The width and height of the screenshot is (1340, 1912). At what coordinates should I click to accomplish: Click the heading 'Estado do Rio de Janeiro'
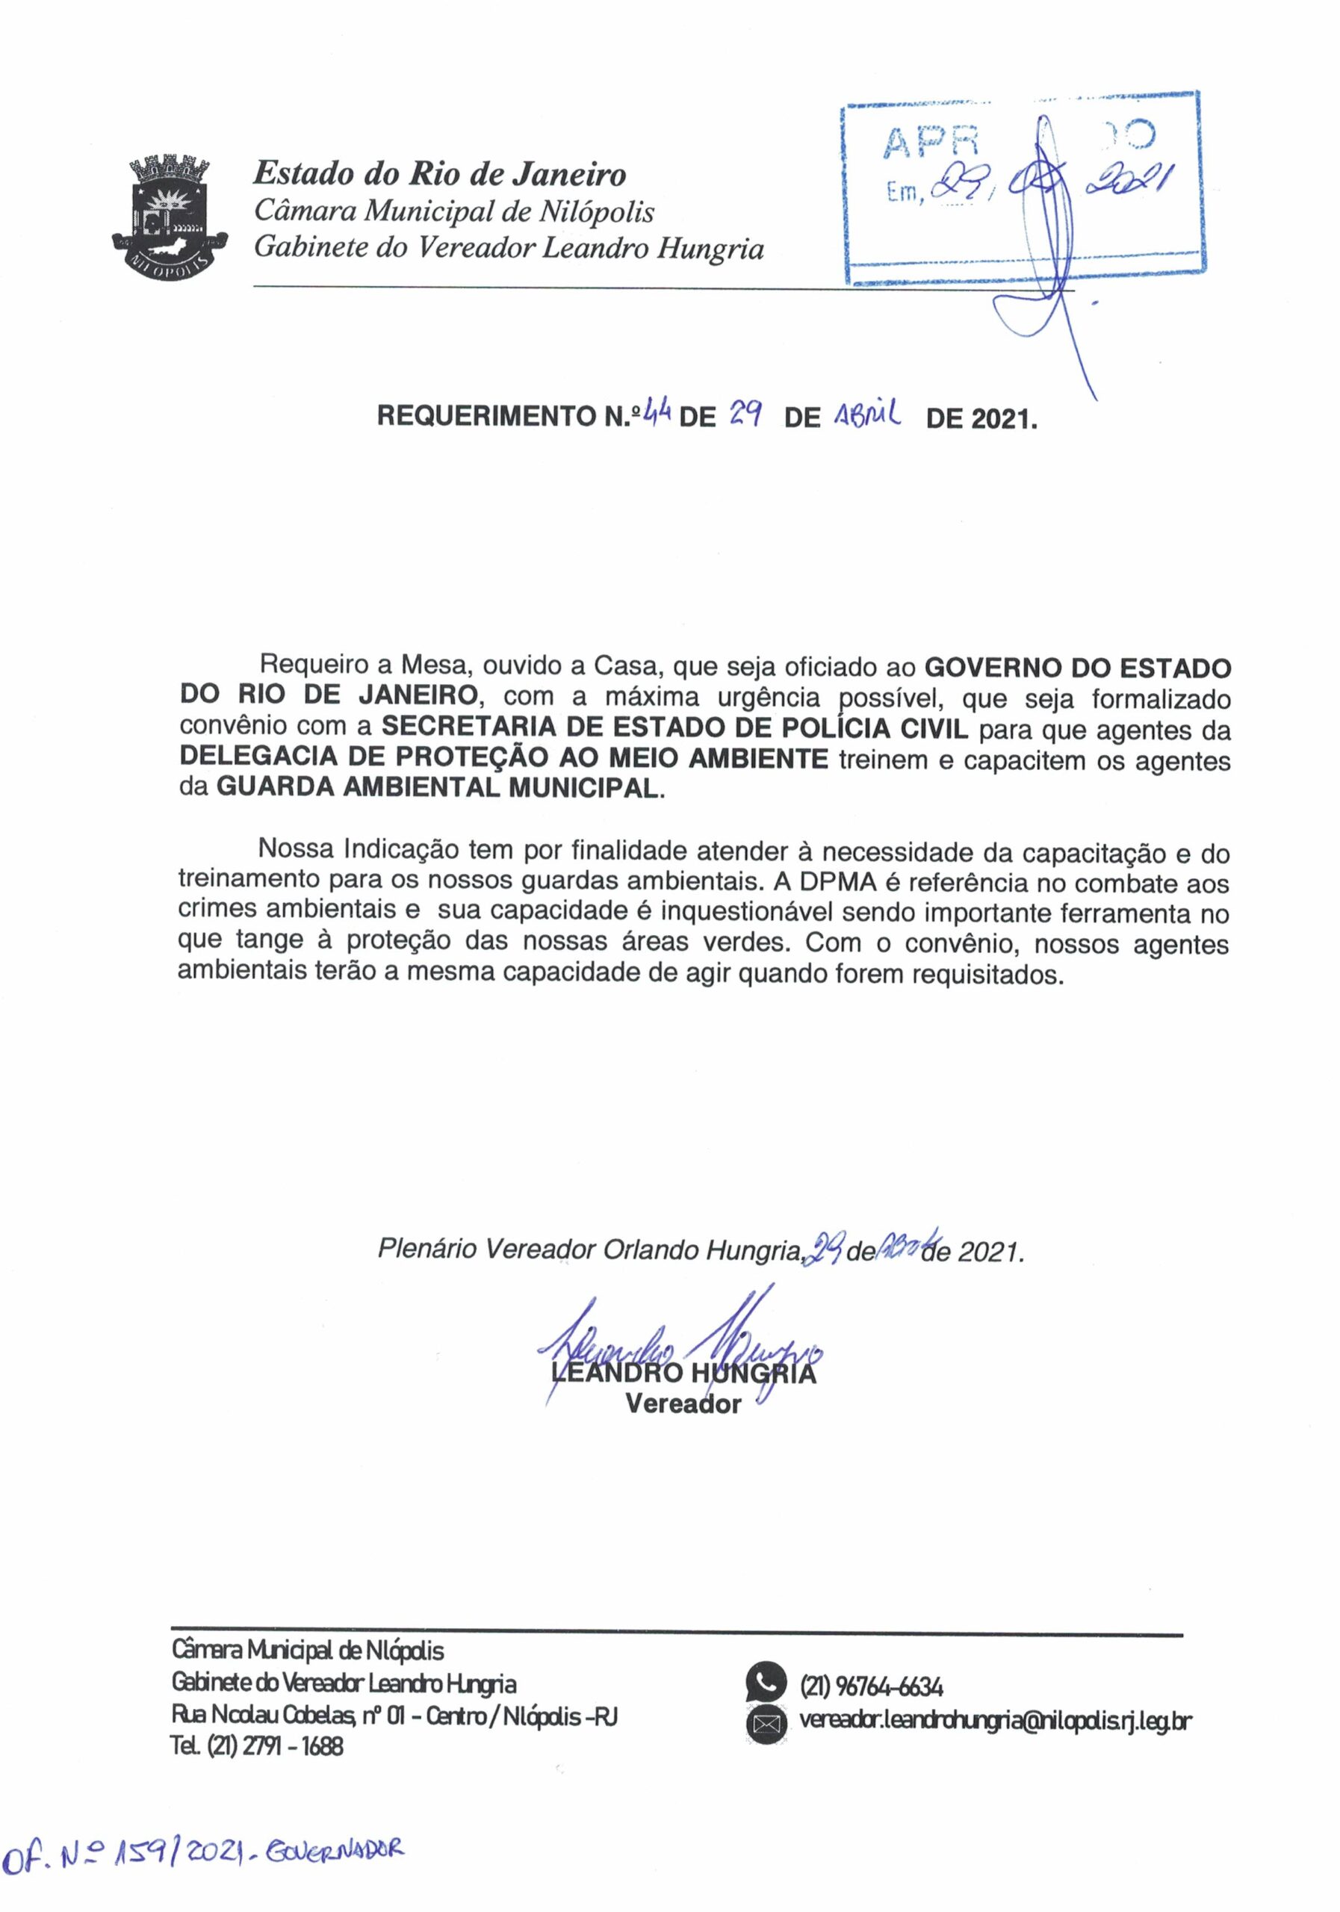440,174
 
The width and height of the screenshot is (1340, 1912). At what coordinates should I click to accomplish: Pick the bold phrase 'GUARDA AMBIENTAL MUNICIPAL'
438,787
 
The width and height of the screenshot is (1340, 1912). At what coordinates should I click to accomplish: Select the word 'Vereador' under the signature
683,1404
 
